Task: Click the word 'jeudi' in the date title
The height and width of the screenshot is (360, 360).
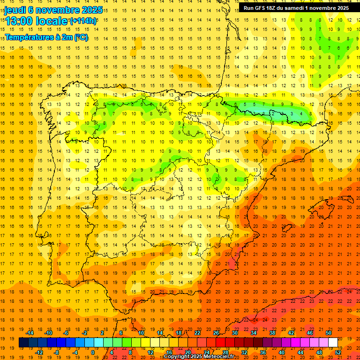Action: pyautogui.click(x=15, y=9)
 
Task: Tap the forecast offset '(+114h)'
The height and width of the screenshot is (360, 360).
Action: pyautogui.click(x=83, y=21)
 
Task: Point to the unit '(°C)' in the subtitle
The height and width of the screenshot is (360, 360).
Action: pyautogui.click(x=81, y=37)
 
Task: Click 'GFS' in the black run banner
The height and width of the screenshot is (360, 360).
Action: pyautogui.click(x=262, y=8)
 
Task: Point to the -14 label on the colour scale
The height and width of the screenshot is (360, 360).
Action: pyautogui.click(x=30, y=333)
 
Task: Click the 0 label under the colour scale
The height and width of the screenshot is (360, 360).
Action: pyautogui.click(x=92, y=352)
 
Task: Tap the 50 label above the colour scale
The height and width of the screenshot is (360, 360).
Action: pyautogui.click(x=329, y=333)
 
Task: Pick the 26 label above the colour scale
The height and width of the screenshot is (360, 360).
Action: pyautogui.click(x=216, y=333)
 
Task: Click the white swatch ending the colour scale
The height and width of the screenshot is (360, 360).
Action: pyautogui.click(x=333, y=343)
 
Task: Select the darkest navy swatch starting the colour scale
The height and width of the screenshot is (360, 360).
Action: pyautogui.click(x=23, y=343)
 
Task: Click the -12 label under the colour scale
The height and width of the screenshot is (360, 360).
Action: pyautogui.click(x=39, y=352)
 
